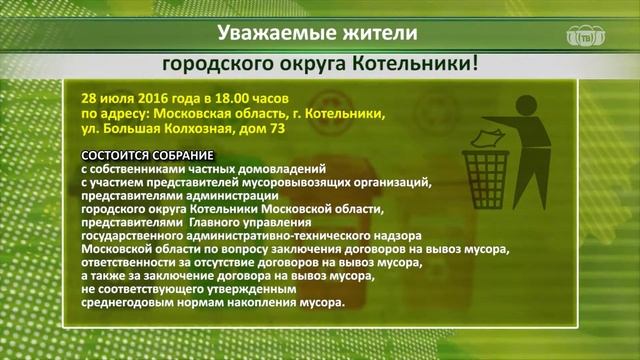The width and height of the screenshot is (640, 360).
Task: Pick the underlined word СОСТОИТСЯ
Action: tap(117, 157)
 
